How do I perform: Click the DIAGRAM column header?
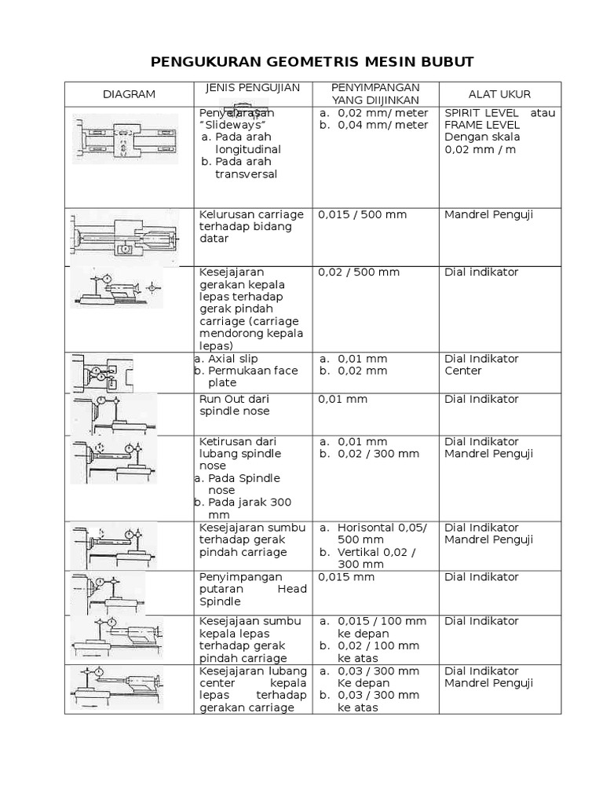pyautogui.click(x=130, y=94)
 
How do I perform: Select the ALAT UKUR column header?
pyautogui.click(x=499, y=94)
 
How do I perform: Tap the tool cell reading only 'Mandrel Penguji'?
pyautogui.click(x=488, y=214)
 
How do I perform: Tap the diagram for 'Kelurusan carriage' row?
pyautogui.click(x=126, y=236)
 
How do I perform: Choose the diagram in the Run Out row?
pyautogui.click(x=114, y=414)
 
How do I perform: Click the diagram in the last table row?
pyautogui.click(x=118, y=689)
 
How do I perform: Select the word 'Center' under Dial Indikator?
pyautogui.click(x=463, y=371)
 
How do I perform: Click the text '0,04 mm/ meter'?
pyautogui.click(x=383, y=125)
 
